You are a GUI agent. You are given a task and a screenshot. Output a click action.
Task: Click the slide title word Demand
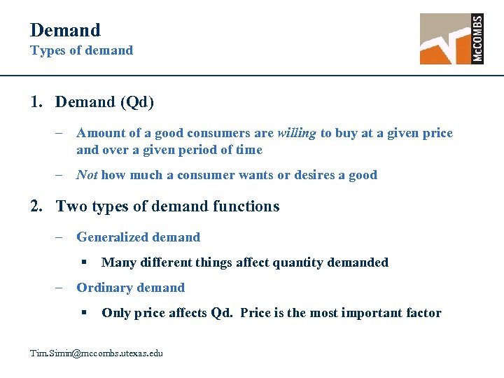click(65, 30)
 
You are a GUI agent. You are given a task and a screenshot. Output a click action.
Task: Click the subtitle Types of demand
click(81, 50)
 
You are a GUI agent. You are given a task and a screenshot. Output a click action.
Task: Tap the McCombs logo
click(451, 38)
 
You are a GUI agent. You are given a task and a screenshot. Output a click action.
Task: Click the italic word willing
click(297, 133)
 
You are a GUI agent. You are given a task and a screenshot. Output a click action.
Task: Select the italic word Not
click(87, 175)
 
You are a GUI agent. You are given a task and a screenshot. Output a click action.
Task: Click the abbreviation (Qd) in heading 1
click(137, 102)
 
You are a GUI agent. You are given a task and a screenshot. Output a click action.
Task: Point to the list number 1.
click(36, 102)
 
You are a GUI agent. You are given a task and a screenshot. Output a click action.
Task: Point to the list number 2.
click(36, 206)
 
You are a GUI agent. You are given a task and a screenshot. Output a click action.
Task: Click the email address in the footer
click(97, 353)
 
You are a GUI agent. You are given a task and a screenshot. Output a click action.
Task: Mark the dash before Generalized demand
click(62, 237)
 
